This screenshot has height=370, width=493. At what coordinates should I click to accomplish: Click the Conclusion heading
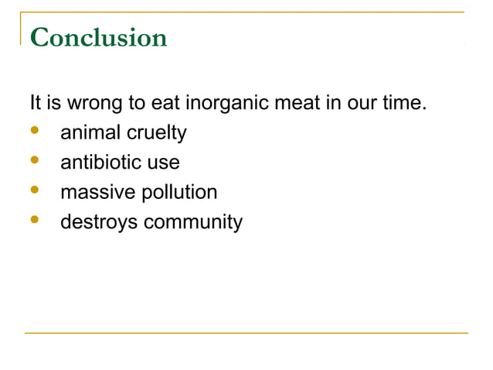coord(99,37)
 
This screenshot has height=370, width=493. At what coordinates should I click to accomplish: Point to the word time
coord(404,103)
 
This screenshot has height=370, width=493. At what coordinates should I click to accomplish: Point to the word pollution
coord(177,193)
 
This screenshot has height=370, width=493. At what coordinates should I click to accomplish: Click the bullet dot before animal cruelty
coord(34,132)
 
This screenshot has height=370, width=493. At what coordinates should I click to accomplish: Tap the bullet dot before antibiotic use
coord(34,161)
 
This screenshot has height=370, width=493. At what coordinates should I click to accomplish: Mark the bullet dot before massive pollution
coord(34,191)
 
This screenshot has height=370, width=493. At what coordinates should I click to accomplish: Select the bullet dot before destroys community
coord(34,221)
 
